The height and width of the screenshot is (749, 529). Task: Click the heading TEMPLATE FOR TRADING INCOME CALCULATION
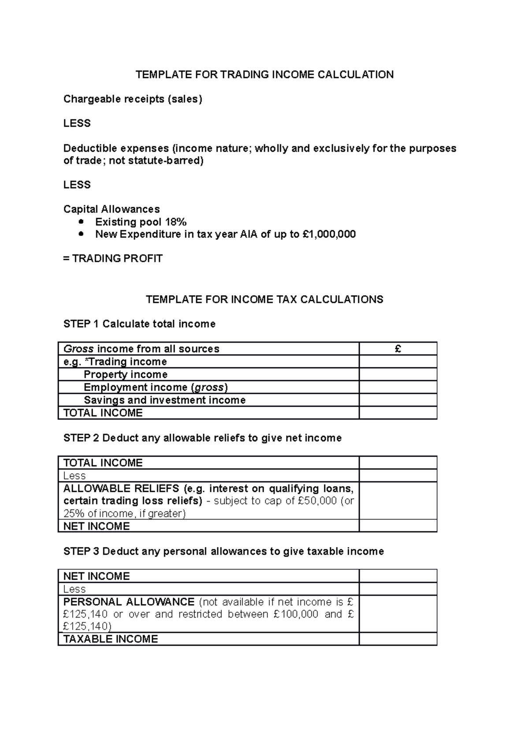point(264,75)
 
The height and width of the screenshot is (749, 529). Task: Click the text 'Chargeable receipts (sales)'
point(133,99)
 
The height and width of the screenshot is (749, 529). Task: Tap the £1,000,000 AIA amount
point(329,234)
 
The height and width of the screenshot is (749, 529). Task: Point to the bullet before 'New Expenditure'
point(81,234)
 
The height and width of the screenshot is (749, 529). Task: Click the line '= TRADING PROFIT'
point(113,258)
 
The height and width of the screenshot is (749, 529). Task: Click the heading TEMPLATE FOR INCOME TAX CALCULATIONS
point(264,300)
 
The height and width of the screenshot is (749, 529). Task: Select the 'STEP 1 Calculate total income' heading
point(139,324)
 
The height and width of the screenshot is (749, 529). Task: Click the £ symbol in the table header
point(398,349)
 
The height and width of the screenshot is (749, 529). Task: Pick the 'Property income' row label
point(125,374)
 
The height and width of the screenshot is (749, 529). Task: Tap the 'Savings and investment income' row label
point(164,400)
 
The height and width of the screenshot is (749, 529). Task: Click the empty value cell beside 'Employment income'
point(398,387)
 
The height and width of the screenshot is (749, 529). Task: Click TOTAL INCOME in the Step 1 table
point(103,413)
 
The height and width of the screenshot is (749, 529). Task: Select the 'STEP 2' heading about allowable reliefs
point(202,438)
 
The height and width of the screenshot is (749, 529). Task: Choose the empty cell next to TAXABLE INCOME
point(398,639)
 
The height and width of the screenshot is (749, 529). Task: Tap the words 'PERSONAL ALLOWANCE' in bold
point(129,602)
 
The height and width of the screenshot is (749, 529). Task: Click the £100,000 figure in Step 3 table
point(296,614)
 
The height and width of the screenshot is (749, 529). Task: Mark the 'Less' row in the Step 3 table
point(75,589)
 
